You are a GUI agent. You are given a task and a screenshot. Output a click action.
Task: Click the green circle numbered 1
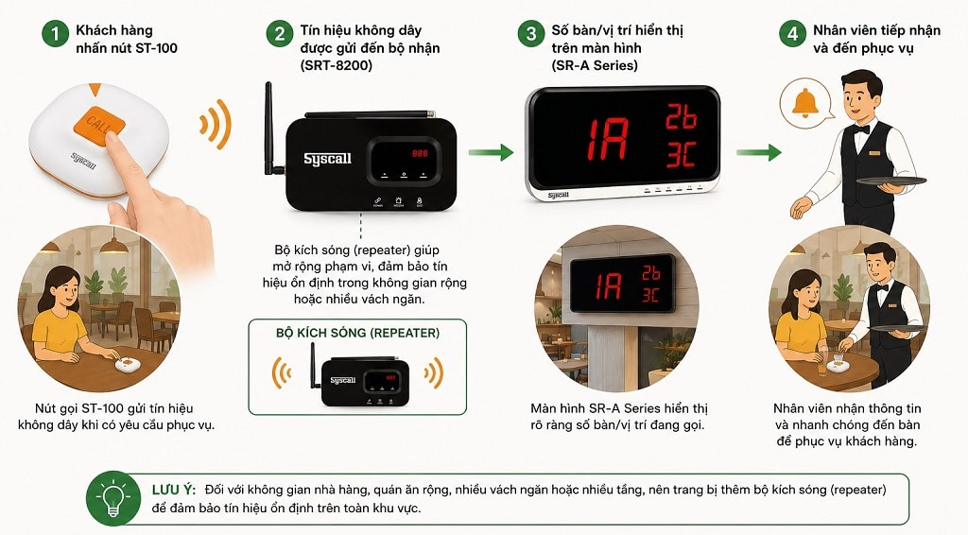coord(56,34)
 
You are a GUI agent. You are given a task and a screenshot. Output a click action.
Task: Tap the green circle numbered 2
coord(280,34)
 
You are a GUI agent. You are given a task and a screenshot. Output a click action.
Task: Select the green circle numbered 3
coord(531,34)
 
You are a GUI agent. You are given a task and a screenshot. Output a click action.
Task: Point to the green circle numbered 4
coord(793,34)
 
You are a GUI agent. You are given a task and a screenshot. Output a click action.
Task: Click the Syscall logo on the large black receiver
coord(327,159)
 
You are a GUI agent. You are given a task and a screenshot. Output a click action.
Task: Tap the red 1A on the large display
coord(607,139)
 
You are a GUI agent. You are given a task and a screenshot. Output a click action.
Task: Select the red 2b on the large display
coord(681,116)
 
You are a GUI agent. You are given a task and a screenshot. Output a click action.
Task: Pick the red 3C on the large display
coord(681,154)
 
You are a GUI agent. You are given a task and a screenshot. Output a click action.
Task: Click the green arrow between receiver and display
coord(491,152)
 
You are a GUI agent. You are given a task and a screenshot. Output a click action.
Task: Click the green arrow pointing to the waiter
coord(759,152)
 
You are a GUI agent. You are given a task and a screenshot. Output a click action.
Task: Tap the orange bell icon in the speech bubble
coord(805,104)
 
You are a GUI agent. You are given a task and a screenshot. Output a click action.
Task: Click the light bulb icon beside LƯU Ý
coord(113,498)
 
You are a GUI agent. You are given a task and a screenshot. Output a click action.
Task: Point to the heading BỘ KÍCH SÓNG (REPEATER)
coord(357,334)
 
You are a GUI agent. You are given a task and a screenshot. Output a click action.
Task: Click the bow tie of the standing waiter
coord(861,129)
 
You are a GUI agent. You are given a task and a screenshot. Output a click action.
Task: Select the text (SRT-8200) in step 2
coord(337,65)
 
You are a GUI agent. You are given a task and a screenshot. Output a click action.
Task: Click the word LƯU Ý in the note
coord(174,490)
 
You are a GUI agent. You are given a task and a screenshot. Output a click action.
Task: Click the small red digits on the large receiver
coord(420,153)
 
